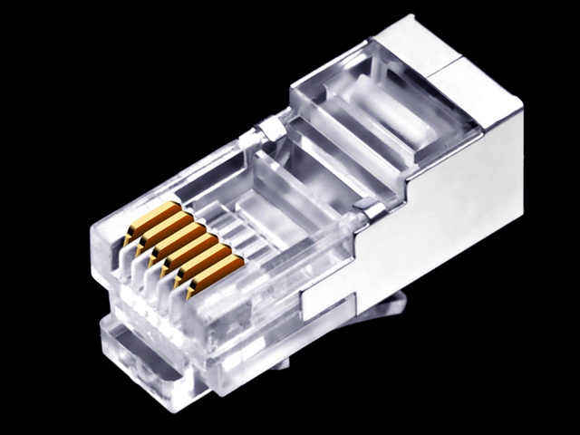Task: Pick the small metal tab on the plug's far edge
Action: pyautogui.click(x=269, y=130)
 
